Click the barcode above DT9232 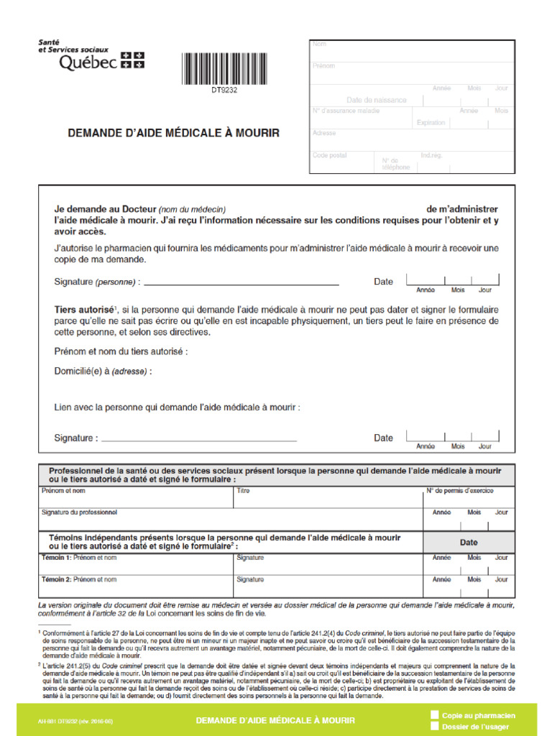point(224,68)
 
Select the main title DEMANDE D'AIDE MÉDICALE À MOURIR point(173,133)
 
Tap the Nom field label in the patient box point(319,45)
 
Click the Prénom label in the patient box point(323,66)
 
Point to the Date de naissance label point(376,100)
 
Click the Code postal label point(329,155)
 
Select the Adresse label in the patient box point(324,133)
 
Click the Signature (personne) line point(241,282)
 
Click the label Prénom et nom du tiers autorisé point(121,352)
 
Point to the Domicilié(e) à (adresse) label point(103,372)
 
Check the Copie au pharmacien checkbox point(434,714)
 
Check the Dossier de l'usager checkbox point(434,726)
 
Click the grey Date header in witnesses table point(469,542)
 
